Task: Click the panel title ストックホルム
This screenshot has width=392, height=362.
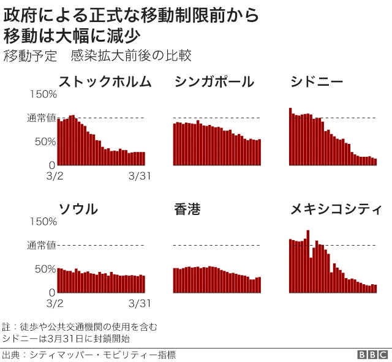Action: click(x=104, y=81)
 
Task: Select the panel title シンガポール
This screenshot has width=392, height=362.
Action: click(x=214, y=81)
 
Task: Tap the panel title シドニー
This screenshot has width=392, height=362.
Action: click(x=317, y=81)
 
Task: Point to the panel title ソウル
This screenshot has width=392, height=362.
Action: click(x=78, y=209)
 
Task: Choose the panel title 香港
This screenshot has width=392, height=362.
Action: click(x=187, y=209)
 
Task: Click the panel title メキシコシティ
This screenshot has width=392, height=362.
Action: click(x=336, y=209)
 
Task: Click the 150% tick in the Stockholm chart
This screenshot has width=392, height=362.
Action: click(x=43, y=94)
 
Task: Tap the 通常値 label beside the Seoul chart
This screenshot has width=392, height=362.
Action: click(x=41, y=245)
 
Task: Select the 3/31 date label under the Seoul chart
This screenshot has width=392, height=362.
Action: click(x=140, y=303)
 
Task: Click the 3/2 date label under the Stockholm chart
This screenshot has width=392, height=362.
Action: click(x=55, y=176)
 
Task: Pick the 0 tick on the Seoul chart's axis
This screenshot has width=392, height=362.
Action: click(x=53, y=292)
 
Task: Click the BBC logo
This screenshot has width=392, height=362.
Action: click(x=373, y=355)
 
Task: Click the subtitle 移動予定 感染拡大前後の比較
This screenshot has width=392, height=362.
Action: click(x=98, y=56)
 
